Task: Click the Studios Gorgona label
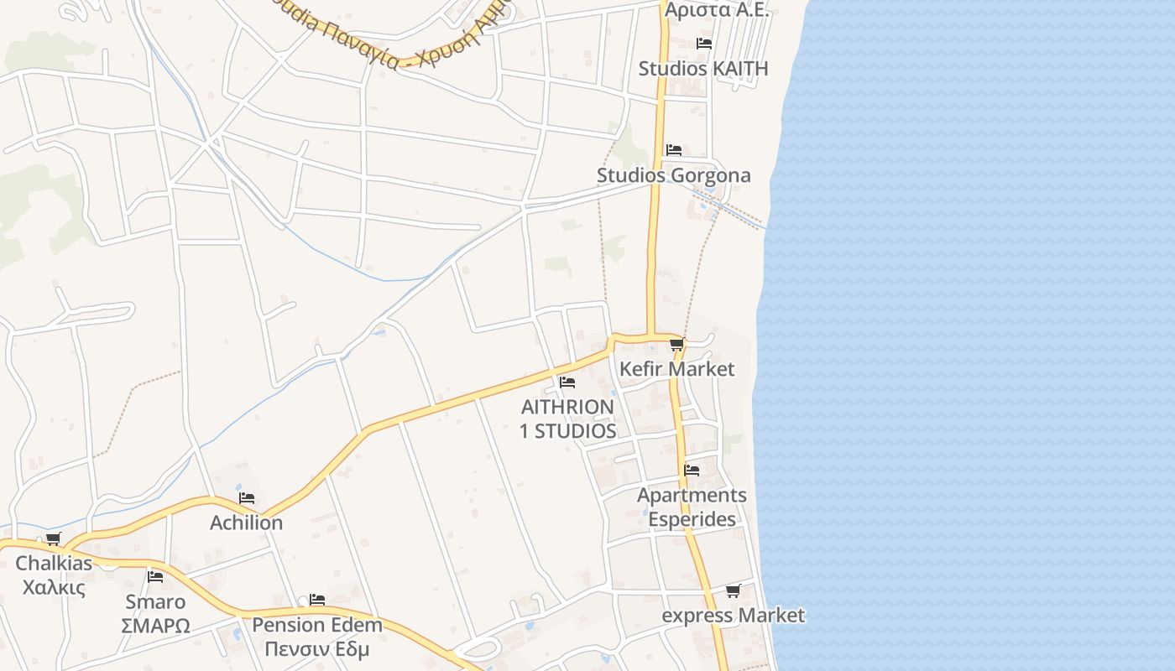pos(673,175)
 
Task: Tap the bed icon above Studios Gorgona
pos(674,150)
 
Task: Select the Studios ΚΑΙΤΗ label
pos(703,68)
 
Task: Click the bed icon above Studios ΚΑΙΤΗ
pos(704,43)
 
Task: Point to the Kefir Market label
pos(676,369)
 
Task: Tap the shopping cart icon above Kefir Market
pos(677,344)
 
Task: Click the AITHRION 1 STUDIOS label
pos(568,419)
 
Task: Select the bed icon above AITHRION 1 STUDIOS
pos(567,382)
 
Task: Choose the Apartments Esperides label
pos(692,507)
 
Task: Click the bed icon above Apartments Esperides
pos(692,470)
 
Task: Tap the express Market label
pos(733,616)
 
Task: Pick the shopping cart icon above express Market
pos(733,590)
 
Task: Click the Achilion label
pos(246,523)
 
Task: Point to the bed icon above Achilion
pos(247,497)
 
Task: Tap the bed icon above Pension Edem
pos(317,600)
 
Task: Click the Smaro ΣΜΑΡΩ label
pos(155,613)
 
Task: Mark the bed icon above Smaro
pos(155,576)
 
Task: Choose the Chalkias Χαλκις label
pos(54,575)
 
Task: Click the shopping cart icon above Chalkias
pos(54,538)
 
